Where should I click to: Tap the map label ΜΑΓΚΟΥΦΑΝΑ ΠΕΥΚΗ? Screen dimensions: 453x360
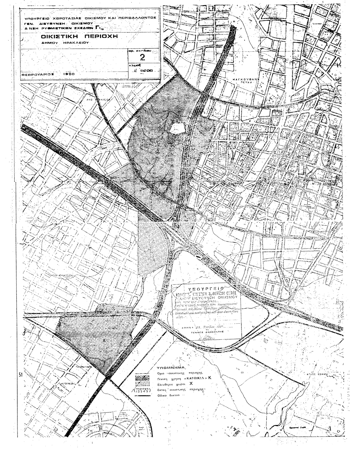pos(249,82)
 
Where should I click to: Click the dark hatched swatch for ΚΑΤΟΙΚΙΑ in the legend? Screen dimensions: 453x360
pos(143,378)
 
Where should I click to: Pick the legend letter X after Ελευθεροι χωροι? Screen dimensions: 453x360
pos(191,383)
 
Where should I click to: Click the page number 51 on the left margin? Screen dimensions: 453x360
pos(20,375)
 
